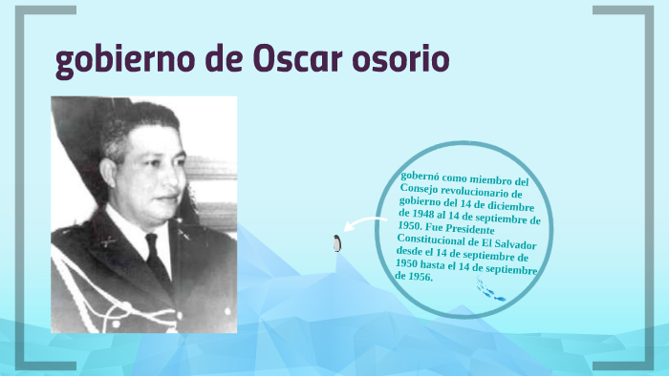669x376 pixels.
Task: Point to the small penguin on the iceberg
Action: pos(336,243)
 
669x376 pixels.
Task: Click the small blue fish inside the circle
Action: pos(497,297)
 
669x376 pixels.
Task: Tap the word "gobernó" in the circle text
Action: pos(421,177)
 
